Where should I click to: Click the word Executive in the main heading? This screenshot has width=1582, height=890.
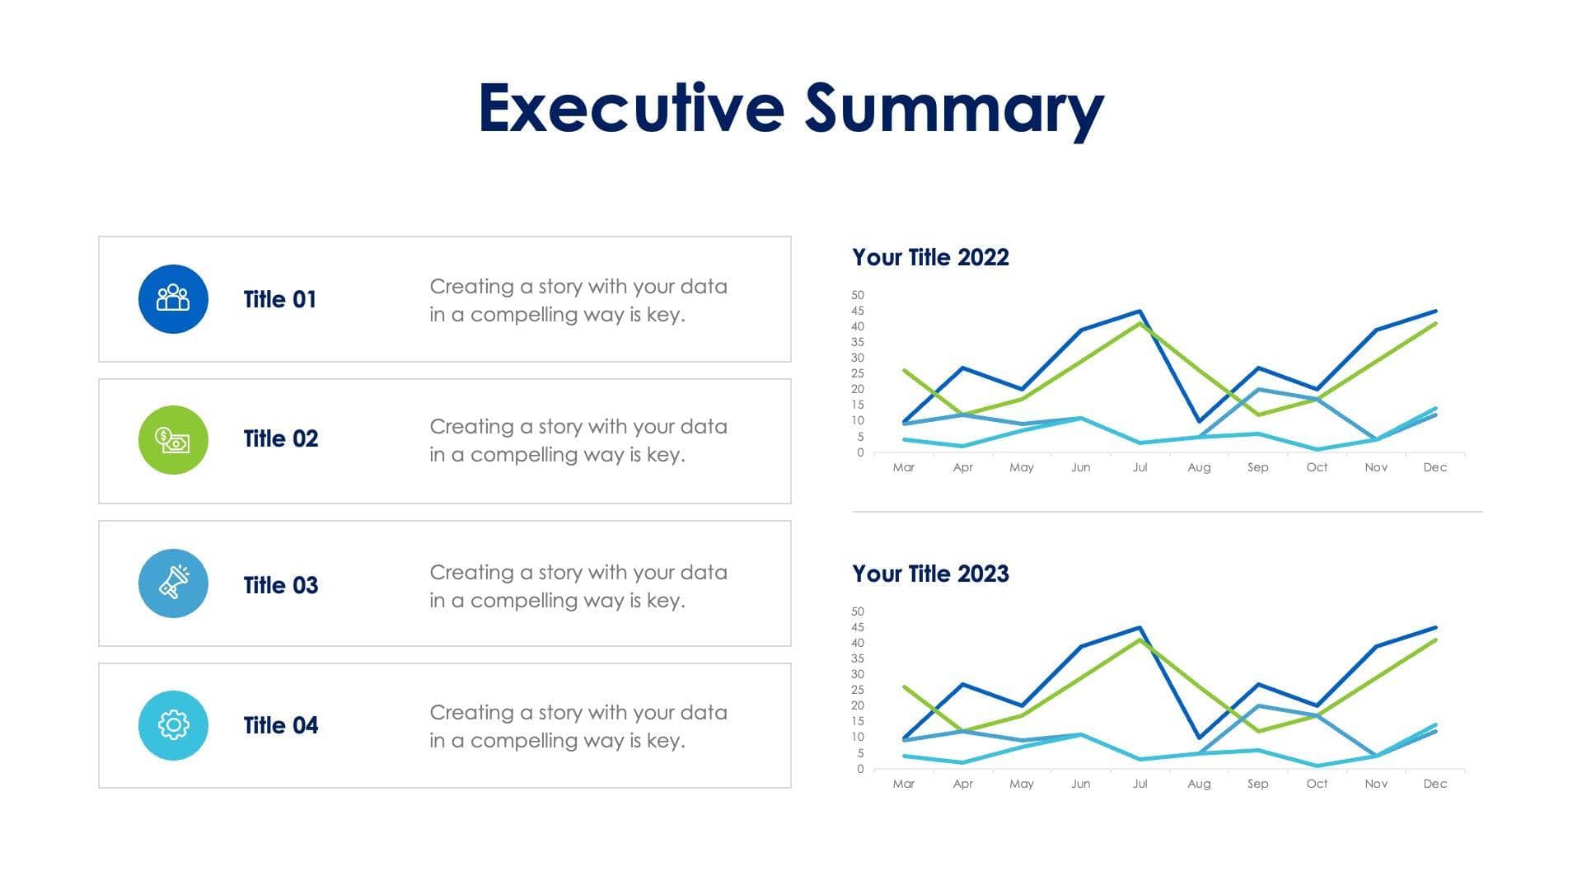[631, 108]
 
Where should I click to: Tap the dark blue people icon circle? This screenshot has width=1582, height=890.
[173, 299]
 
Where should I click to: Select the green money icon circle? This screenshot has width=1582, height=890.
[173, 440]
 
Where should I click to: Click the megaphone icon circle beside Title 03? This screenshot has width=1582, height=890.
[173, 583]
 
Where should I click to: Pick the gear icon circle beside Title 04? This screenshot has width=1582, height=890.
[173, 725]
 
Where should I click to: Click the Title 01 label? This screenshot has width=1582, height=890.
[280, 299]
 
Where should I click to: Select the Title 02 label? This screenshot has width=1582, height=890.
[280, 438]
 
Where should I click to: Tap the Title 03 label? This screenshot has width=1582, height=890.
[280, 585]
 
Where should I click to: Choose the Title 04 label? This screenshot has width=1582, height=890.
[280, 725]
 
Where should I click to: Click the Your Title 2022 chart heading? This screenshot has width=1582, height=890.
[930, 257]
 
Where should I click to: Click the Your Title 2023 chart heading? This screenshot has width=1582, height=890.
[930, 574]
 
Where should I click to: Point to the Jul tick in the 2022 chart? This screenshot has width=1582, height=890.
[1140, 467]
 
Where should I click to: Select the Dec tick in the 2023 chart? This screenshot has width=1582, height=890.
[1435, 784]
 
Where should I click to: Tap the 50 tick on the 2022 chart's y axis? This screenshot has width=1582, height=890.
[858, 295]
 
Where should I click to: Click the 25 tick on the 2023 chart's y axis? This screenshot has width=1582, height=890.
[858, 690]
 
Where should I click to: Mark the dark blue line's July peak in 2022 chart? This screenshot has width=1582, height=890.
[1140, 311]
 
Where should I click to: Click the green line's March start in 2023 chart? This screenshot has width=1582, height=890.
[905, 686]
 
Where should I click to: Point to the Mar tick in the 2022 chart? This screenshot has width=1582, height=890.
[903, 467]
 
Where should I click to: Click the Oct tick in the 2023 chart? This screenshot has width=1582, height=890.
[1317, 784]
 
